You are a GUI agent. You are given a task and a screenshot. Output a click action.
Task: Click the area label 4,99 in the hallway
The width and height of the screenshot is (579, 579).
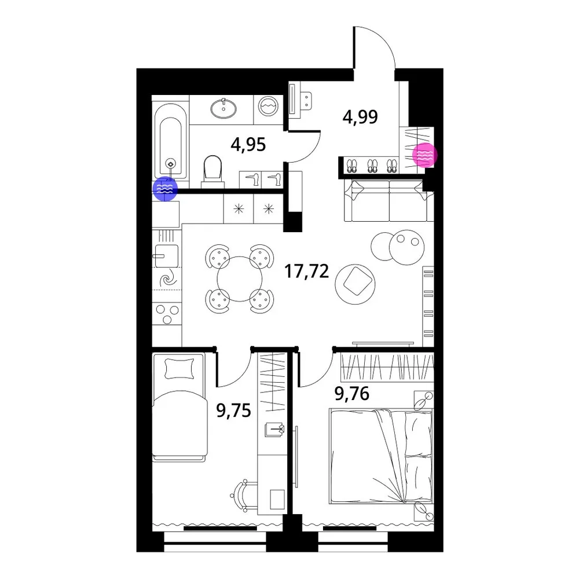click(x=360, y=118)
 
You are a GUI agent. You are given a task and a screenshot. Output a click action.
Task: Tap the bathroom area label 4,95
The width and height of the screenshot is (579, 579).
click(x=248, y=145)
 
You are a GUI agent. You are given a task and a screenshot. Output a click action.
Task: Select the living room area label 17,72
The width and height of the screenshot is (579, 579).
click(x=306, y=272)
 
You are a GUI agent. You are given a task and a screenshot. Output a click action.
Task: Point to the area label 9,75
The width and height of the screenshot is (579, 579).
click(x=234, y=411)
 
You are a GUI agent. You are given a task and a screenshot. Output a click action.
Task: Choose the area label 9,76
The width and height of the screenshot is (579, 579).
click(x=352, y=394)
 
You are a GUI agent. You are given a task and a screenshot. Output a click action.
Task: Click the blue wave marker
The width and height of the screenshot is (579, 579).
click(x=165, y=189)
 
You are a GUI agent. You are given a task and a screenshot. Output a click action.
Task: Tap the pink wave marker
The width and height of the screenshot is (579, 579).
click(x=425, y=155)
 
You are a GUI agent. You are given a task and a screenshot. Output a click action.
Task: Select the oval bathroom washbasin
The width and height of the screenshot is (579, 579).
click(x=223, y=108)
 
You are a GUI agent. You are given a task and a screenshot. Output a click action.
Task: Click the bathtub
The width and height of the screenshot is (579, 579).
click(x=170, y=141)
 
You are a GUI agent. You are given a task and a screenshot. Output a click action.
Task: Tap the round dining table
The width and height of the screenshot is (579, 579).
click(x=240, y=279)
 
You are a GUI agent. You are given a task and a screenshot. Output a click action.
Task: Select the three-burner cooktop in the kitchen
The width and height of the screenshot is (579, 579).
click(x=167, y=314)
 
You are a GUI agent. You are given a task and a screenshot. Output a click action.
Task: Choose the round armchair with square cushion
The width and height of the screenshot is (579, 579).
click(x=356, y=284)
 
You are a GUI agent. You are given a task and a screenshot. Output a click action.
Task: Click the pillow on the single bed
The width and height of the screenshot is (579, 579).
click(x=180, y=368)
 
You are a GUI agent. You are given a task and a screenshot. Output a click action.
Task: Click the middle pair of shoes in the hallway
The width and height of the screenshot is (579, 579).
click(x=372, y=166)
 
